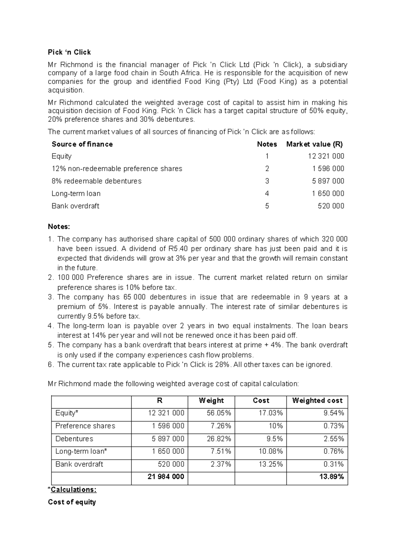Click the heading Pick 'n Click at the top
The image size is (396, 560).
coord(69,52)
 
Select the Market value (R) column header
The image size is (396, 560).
coord(314,144)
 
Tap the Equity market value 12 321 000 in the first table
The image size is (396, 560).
coord(326,156)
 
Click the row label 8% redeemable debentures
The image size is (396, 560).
coord(96,181)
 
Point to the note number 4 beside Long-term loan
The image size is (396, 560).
coord(267,193)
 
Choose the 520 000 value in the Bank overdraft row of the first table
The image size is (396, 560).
coord(331,206)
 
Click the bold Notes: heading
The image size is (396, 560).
coord(59,227)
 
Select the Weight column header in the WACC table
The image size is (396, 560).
coord(211,401)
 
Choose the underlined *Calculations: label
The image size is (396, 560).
coord(72,490)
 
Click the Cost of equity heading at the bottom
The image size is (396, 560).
coord(72,502)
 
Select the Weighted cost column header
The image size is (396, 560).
coord(317,401)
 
